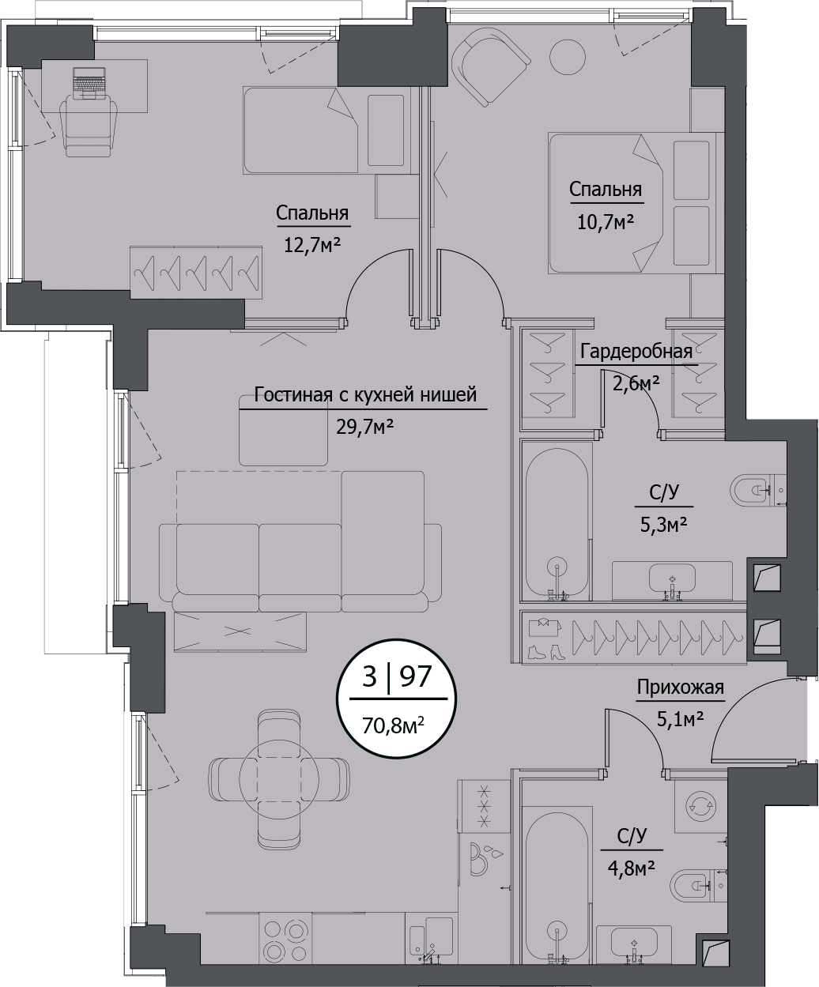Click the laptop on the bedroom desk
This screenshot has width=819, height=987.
pyautogui.click(x=89, y=83)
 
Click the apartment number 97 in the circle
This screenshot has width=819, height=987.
pyautogui.click(x=416, y=676)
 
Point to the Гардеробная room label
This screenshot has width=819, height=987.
pyautogui.click(x=636, y=352)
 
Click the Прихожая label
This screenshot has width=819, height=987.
pyautogui.click(x=680, y=688)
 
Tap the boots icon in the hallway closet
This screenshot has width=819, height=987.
pyautogui.click(x=545, y=653)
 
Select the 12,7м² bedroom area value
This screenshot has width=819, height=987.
pyautogui.click(x=311, y=244)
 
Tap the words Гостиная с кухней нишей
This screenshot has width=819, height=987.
pyautogui.click(x=364, y=394)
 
